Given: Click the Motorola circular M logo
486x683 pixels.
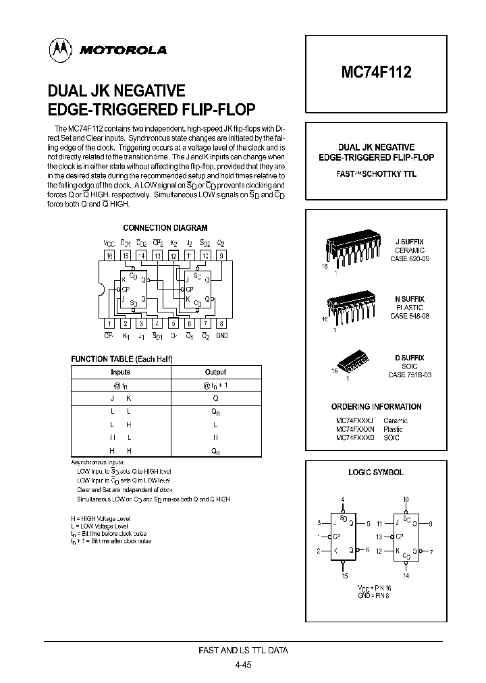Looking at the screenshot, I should [x=61, y=49].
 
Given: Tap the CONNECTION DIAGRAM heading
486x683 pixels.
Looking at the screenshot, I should [x=165, y=228].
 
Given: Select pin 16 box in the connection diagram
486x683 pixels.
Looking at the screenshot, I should [x=109, y=256].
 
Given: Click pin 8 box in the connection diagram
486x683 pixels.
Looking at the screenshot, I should [x=221, y=324].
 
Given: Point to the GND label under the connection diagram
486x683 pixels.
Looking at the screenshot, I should [x=221, y=336].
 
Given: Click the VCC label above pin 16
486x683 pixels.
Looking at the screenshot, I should [x=109, y=243].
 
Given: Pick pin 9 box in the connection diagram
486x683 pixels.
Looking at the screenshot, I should [x=221, y=256].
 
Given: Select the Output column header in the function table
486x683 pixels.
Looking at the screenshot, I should [x=215, y=372].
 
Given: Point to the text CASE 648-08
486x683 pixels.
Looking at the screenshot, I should [x=409, y=316].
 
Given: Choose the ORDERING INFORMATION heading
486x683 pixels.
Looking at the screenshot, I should [x=376, y=407].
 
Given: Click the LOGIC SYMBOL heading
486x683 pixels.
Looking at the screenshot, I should [x=376, y=472].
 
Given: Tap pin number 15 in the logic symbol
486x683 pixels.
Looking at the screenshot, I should [x=344, y=576].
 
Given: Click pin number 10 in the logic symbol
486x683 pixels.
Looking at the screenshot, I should [x=406, y=500].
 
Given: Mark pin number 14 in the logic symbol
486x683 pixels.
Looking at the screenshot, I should [x=406, y=576].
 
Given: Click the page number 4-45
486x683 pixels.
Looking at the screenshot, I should [x=243, y=665].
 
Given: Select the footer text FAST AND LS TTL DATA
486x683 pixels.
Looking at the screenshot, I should [x=243, y=651].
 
